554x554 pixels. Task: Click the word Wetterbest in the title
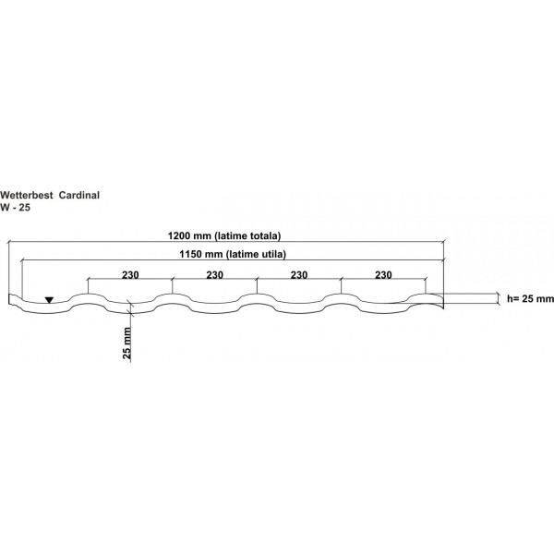click(x=27, y=196)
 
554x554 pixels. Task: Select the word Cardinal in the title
click(x=79, y=196)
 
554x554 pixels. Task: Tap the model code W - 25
click(x=15, y=208)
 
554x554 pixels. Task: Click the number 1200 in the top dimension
click(x=179, y=235)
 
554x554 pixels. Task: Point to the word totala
click(x=265, y=235)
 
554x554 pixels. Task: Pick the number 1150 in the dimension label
click(x=191, y=254)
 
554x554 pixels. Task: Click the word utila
click(x=272, y=254)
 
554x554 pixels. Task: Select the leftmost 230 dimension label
click(x=130, y=275)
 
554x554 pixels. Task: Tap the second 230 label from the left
click(x=215, y=275)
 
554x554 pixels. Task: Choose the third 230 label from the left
click(x=299, y=275)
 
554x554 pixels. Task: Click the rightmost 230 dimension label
click(x=383, y=275)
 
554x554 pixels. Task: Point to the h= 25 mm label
click(x=530, y=299)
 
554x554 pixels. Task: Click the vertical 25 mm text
click(x=126, y=343)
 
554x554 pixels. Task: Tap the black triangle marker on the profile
click(x=49, y=300)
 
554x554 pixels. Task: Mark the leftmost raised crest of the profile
click(x=88, y=295)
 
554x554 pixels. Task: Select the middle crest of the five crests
click(x=257, y=295)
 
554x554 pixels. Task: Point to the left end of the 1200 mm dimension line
click(x=8, y=242)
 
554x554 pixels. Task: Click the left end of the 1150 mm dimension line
click(x=22, y=260)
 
